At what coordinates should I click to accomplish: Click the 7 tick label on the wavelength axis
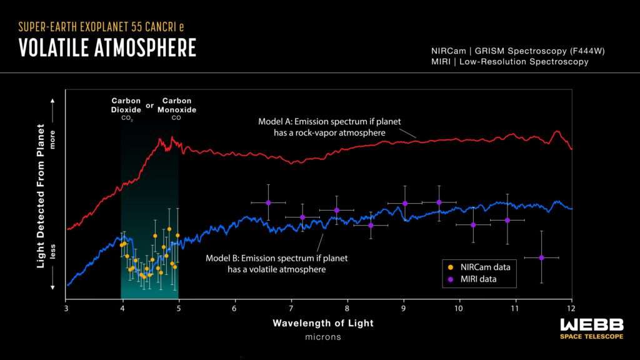click(291, 308)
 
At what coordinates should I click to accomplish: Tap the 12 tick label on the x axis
click(571, 308)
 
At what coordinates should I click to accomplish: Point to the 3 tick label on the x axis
click(66, 308)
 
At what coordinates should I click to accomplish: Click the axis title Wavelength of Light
click(323, 323)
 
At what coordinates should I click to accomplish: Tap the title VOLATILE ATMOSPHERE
click(107, 47)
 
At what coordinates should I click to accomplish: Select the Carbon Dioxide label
click(126, 105)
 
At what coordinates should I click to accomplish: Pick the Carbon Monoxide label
click(177, 105)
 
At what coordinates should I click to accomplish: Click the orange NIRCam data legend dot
click(451, 267)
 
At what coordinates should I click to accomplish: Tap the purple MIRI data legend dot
click(451, 279)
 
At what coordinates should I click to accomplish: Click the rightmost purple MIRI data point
click(541, 257)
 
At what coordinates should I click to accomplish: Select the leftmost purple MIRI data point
click(268, 202)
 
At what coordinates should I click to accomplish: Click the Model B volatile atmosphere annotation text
click(276, 263)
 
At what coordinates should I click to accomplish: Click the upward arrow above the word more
click(53, 100)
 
